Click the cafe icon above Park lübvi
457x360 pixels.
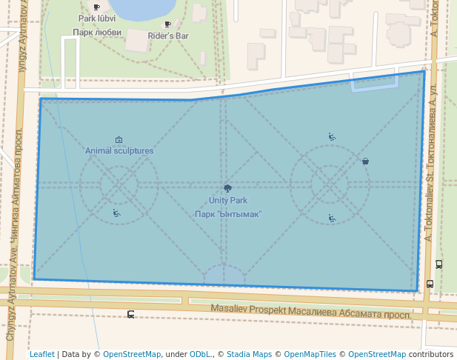pyautogui.click(x=96, y=7)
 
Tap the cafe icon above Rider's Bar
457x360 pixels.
pyautogui.click(x=167, y=24)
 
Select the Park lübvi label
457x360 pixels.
pyautogui.click(x=96, y=18)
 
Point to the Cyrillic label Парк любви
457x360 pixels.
pyautogui.click(x=97, y=33)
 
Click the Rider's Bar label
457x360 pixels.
pyautogui.click(x=168, y=35)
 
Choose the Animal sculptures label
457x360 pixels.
pyautogui.click(x=119, y=150)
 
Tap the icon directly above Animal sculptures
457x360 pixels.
pyautogui.click(x=119, y=139)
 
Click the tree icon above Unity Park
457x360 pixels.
pyautogui.click(x=227, y=189)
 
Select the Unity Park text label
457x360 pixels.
pyautogui.click(x=227, y=200)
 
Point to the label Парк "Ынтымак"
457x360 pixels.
pyautogui.click(x=228, y=214)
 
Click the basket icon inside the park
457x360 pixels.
pyautogui.click(x=365, y=161)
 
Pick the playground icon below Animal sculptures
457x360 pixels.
pyautogui.click(x=116, y=213)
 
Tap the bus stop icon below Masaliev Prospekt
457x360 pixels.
pyautogui.click(x=131, y=315)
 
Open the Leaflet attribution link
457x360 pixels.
pyautogui.click(x=41, y=354)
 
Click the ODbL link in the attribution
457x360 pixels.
pyautogui.click(x=199, y=354)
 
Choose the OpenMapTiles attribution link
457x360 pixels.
pyautogui.click(x=310, y=354)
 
